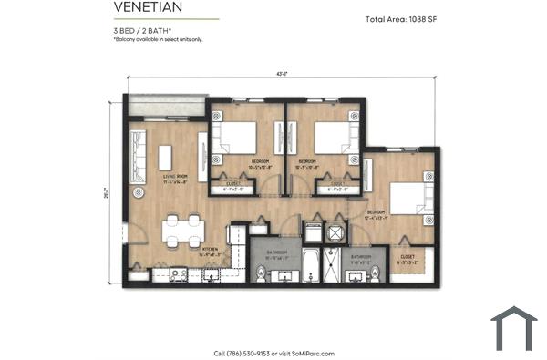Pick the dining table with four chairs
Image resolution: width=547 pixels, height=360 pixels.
point(182,228)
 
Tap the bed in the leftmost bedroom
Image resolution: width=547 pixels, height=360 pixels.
point(239,138)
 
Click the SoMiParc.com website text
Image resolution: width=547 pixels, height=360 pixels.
point(313,353)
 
